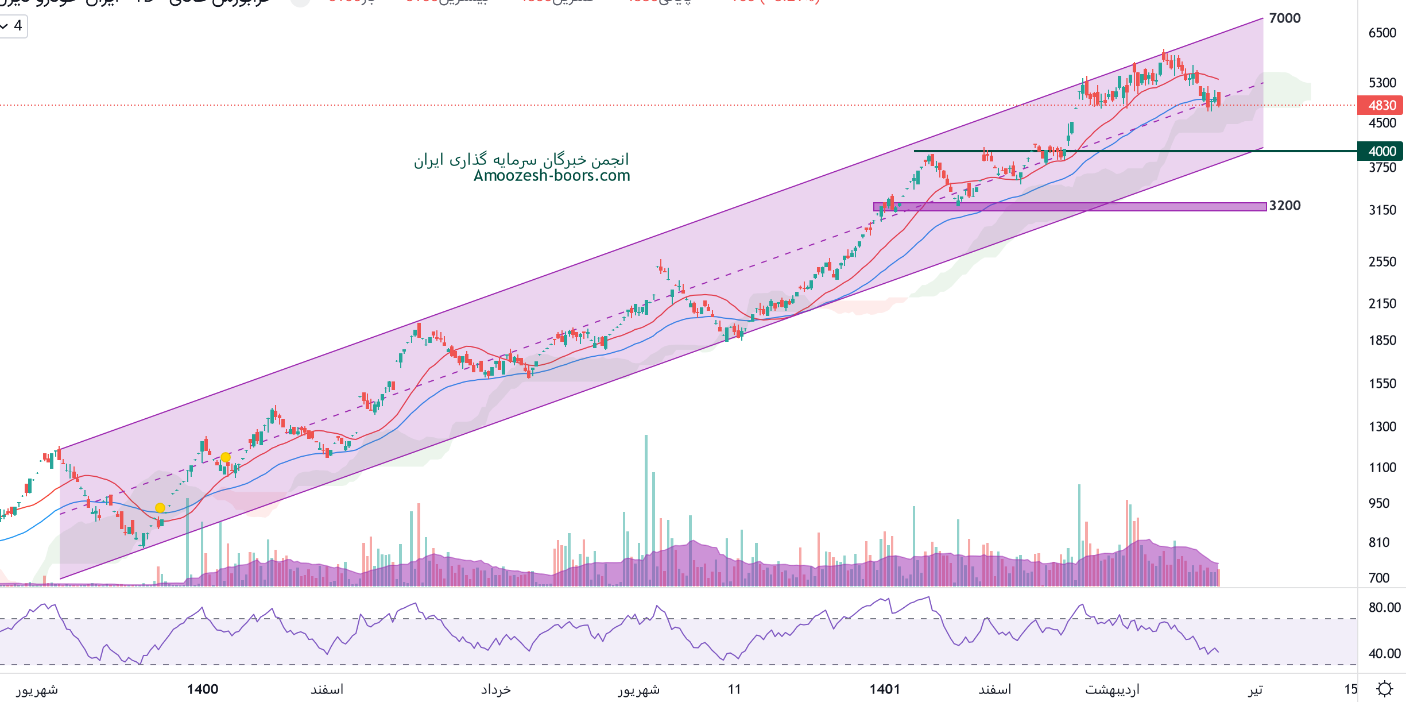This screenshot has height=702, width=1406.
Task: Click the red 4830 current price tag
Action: tap(1381, 105)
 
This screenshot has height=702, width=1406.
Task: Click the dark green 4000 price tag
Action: tap(1381, 151)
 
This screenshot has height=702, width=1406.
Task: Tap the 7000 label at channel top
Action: tap(1284, 18)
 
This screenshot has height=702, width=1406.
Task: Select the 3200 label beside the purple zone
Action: tap(1284, 206)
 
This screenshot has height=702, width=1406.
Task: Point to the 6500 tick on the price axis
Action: tap(1382, 33)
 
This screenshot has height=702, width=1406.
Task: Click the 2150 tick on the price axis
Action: tap(1382, 303)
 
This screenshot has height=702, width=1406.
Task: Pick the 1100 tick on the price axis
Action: tap(1382, 468)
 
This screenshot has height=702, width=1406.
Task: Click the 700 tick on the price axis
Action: tap(1378, 578)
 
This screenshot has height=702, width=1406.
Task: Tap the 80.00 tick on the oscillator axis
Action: tap(1384, 607)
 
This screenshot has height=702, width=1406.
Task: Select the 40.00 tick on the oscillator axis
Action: tap(1384, 653)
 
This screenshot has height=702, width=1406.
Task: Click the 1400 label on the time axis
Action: tap(203, 689)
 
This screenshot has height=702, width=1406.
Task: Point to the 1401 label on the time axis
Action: tap(885, 689)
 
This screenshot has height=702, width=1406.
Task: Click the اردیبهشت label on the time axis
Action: tap(1112, 689)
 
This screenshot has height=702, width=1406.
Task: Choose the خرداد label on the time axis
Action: tap(496, 689)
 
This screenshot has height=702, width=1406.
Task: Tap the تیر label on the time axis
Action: tap(1256, 689)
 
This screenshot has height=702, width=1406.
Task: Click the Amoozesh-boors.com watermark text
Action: tap(551, 176)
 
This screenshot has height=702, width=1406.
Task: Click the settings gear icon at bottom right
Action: tap(1385, 688)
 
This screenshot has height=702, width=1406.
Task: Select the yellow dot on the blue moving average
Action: tap(160, 508)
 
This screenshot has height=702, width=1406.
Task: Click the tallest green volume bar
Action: tap(646, 511)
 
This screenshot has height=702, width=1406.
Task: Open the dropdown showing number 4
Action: tap(13, 26)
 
